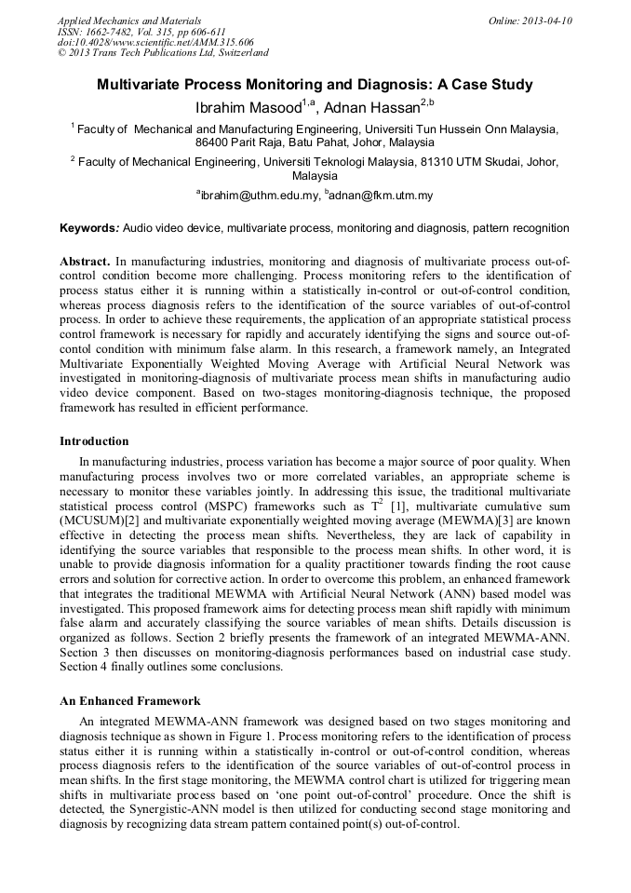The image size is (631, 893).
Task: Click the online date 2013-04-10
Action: (x=548, y=20)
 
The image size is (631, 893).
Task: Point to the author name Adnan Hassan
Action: (x=369, y=107)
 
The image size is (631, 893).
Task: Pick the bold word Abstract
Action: (x=86, y=264)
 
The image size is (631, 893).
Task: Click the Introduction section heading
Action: (x=94, y=441)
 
